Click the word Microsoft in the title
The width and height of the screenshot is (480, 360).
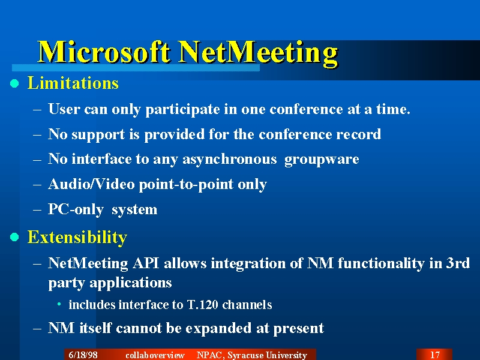pyautogui.click(x=104, y=52)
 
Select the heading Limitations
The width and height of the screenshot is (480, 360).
pyautogui.click(x=73, y=83)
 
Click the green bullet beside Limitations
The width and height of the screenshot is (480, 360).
pyautogui.click(x=14, y=83)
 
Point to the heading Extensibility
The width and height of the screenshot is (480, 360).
pyautogui.click(x=77, y=238)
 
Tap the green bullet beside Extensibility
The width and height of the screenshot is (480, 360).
pyautogui.click(x=14, y=237)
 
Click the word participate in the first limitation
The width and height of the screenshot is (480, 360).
pyautogui.click(x=182, y=110)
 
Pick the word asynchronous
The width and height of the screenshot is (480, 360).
pyautogui.click(x=229, y=160)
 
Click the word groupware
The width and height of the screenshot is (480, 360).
pyautogui.click(x=322, y=160)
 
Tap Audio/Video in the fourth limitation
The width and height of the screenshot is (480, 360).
pyautogui.click(x=91, y=184)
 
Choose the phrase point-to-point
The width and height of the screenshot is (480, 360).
pyautogui.click(x=186, y=185)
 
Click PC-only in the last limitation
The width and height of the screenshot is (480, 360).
pyautogui.click(x=76, y=210)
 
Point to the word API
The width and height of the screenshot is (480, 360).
pyautogui.click(x=146, y=263)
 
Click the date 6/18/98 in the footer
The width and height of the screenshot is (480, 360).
pyautogui.click(x=83, y=355)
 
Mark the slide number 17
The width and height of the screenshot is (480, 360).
pyautogui.click(x=434, y=355)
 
